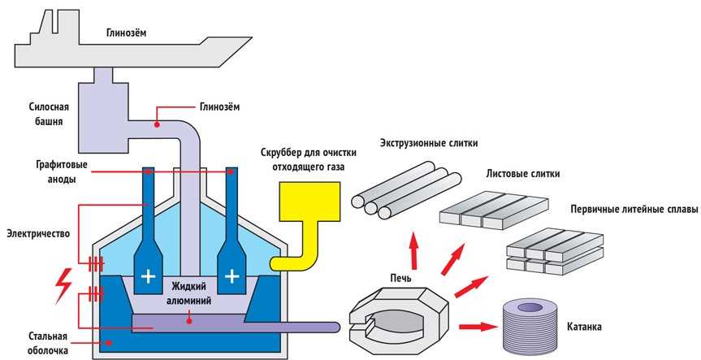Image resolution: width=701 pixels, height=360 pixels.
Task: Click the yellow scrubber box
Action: click(x=309, y=202)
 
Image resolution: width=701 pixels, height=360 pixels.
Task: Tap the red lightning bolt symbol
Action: click(x=63, y=283)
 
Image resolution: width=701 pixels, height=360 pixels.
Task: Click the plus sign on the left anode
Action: click(x=148, y=277)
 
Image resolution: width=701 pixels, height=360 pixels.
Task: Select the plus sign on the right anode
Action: click(x=232, y=276)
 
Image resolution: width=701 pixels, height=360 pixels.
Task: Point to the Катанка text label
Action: click(x=584, y=327)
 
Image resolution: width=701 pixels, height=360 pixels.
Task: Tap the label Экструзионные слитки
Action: click(x=429, y=144)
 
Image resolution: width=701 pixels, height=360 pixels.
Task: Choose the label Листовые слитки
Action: click(x=522, y=174)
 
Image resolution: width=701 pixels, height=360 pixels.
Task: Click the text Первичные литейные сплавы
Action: click(x=634, y=210)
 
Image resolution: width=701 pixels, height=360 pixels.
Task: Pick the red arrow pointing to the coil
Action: click(x=478, y=327)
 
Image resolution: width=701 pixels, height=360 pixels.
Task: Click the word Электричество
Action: click(x=38, y=233)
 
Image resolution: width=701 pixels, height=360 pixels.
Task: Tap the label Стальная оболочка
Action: click(x=48, y=343)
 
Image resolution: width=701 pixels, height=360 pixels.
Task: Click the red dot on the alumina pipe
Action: click(x=157, y=124)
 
